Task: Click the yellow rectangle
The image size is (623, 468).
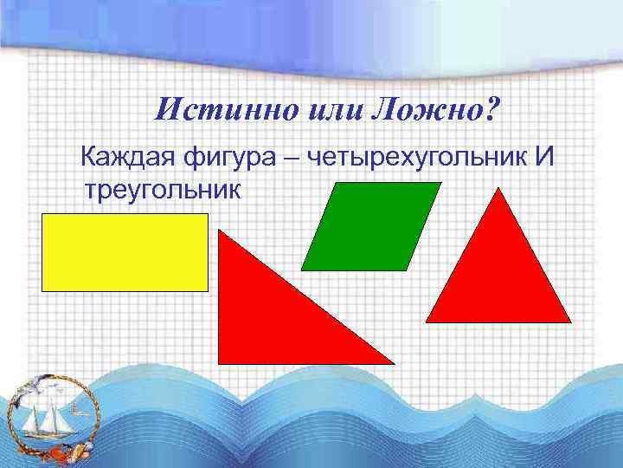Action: [x=125, y=252]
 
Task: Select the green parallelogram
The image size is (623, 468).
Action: [x=370, y=225]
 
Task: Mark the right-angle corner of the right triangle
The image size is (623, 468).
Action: [x=221, y=361]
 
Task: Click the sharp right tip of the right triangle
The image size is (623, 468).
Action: [x=391, y=361]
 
